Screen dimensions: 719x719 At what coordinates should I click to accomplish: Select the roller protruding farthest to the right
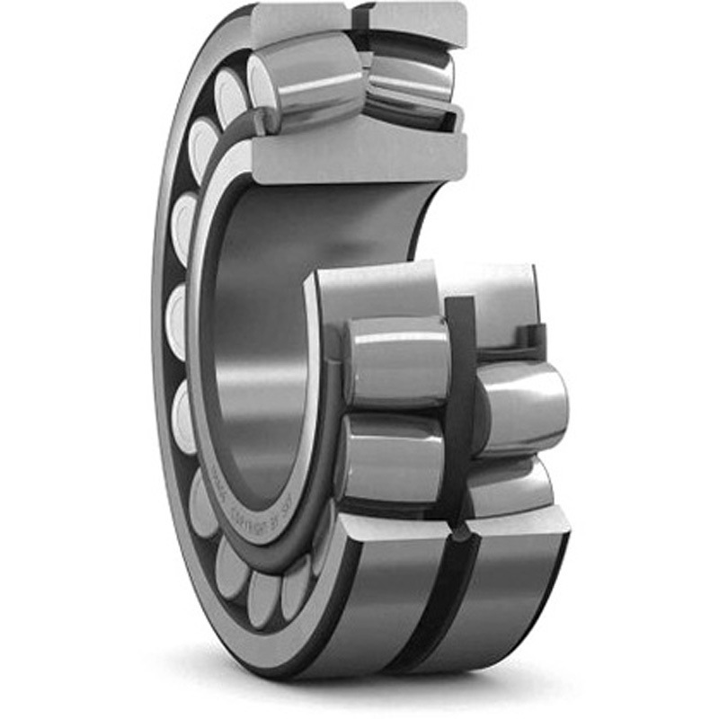pos(521,404)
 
